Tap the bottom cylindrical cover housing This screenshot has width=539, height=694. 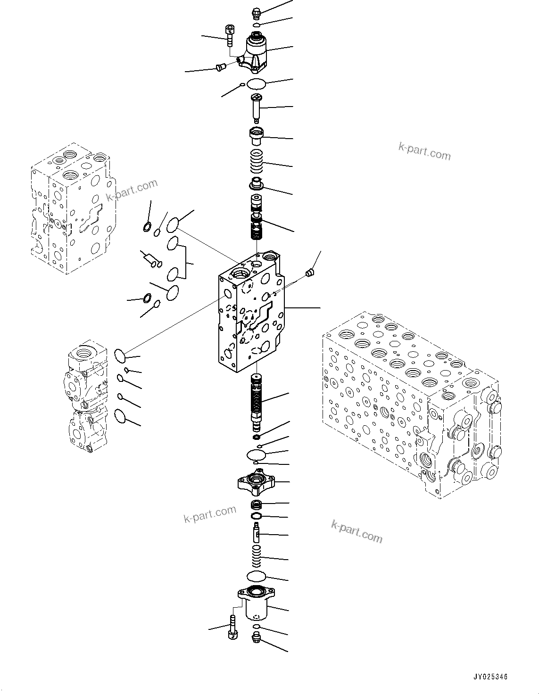257,602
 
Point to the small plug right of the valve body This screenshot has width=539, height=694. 309,273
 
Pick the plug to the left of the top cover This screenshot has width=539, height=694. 219,68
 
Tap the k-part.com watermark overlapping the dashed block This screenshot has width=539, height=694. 132,190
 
